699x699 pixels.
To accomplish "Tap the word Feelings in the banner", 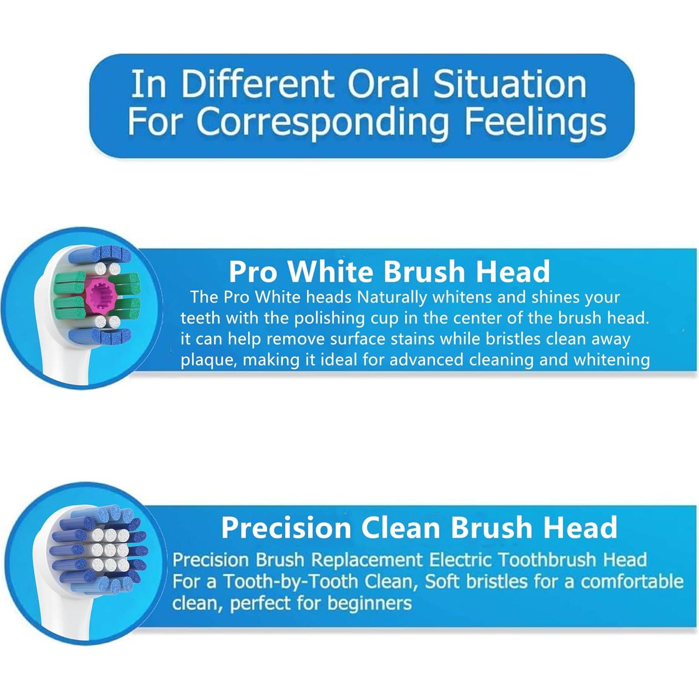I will coord(535,123).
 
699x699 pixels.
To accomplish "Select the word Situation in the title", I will coord(509,84).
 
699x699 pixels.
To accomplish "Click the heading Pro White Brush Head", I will coord(389,271).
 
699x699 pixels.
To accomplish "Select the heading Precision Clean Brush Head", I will coord(419,527).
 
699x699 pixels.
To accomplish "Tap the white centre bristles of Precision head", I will coord(110,550).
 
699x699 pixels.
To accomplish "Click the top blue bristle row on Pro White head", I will coord(100,255).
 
